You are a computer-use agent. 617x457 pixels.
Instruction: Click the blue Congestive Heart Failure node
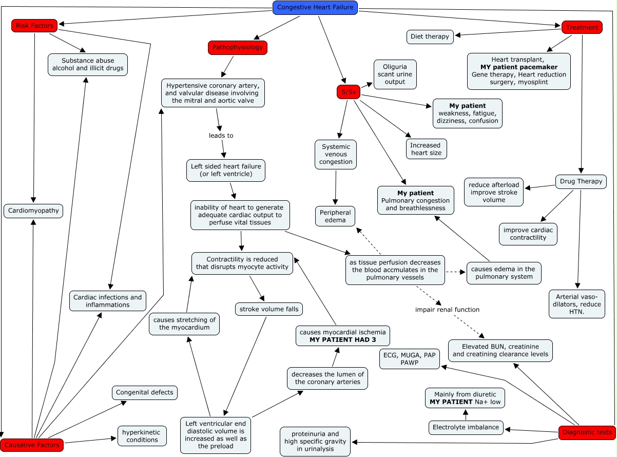(315, 8)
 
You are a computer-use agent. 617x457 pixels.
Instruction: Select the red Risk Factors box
(34, 26)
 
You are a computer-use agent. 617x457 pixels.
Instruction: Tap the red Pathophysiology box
(238, 48)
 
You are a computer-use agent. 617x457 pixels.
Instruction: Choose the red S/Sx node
(349, 92)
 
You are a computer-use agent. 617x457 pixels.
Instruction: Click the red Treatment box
(582, 27)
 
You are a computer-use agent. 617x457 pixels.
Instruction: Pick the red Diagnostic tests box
(587, 432)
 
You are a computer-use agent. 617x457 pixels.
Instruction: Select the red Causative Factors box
(32, 445)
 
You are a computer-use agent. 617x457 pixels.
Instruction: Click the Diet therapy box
(430, 37)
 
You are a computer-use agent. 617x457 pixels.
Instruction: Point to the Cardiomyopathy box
(33, 211)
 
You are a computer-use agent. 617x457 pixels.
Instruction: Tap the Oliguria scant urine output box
(395, 74)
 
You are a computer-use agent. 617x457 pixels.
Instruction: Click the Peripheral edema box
(335, 216)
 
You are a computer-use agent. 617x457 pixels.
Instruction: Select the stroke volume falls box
(269, 309)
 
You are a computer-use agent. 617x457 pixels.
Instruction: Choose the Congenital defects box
(145, 392)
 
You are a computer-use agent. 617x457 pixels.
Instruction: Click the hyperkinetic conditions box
(142, 436)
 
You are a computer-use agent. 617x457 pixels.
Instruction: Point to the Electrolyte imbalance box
(466, 428)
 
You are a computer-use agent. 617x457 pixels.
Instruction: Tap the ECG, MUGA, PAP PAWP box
(410, 359)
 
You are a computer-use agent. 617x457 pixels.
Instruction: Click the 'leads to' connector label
(221, 136)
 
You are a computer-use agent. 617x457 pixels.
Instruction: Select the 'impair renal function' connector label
(447, 310)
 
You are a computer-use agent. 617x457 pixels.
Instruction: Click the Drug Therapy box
(581, 181)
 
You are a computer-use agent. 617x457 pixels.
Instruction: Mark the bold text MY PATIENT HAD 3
(343, 340)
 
